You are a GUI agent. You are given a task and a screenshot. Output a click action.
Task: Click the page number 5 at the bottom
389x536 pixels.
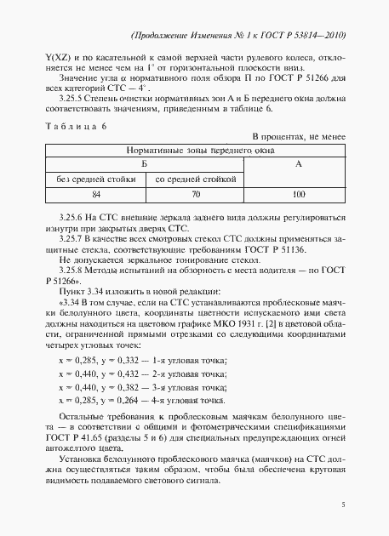pyautogui.click(x=342, y=504)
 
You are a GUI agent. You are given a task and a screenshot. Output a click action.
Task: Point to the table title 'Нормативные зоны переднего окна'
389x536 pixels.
pyautogui.click(x=194, y=148)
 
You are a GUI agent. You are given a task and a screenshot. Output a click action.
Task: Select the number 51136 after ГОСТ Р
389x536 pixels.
pyautogui.click(x=279, y=252)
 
